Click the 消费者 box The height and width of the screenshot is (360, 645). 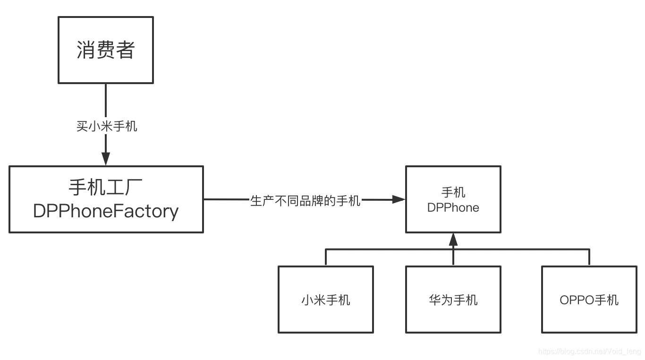click(106, 50)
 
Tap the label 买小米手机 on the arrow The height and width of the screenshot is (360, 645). click(107, 126)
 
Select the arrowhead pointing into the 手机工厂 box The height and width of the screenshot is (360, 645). click(106, 159)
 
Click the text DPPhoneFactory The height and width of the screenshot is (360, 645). click(106, 211)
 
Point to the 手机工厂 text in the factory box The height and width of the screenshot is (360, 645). click(106, 188)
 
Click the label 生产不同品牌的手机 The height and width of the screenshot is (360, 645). click(305, 200)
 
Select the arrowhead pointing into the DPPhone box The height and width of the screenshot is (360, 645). click(399, 200)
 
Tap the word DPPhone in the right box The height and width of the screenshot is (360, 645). click(453, 207)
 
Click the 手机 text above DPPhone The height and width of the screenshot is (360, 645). click(453, 192)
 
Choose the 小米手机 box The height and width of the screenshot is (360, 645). click(325, 300)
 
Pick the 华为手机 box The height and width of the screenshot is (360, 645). click(453, 300)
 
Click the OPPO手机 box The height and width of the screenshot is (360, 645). click(589, 300)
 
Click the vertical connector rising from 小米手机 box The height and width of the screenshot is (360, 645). click(326, 257)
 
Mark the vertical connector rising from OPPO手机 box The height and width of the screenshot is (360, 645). click(589, 257)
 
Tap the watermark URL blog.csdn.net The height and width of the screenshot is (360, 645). click(589, 351)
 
